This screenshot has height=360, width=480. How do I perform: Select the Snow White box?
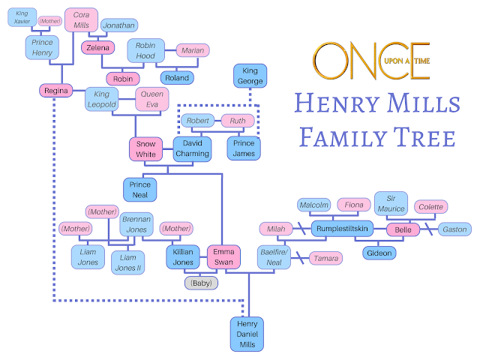pyautogui.click(x=145, y=148)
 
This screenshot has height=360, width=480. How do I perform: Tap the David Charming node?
pyautogui.click(x=193, y=148)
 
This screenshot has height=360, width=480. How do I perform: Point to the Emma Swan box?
pyautogui.click(x=223, y=257)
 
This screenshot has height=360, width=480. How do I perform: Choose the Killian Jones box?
pyautogui.click(x=182, y=257)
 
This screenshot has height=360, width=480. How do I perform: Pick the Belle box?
pyautogui.click(x=403, y=229)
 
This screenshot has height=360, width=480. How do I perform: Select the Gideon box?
pyautogui.click(x=379, y=253)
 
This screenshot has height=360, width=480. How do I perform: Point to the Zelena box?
pyautogui.click(x=98, y=48)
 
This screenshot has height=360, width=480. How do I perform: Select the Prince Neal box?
pyautogui.click(x=139, y=190)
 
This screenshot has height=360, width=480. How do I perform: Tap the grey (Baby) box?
pyautogui.click(x=202, y=283)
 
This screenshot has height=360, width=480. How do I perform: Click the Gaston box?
pyautogui.click(x=453, y=229)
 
